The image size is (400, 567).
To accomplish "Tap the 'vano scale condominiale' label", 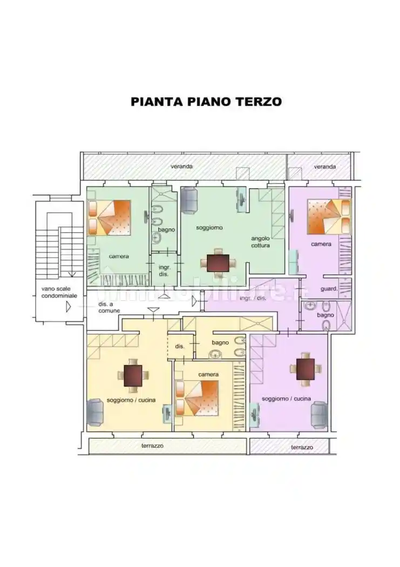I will click(x=59, y=292).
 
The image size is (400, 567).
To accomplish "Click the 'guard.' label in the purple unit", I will click(x=329, y=289).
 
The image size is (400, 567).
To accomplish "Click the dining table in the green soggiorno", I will click(x=218, y=262).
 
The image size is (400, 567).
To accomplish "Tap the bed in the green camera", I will click(x=110, y=218).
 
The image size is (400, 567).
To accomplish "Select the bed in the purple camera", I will click(x=328, y=217).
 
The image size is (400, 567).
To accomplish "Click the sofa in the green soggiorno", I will click(x=189, y=200).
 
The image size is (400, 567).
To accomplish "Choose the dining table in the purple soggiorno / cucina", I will click(x=305, y=369).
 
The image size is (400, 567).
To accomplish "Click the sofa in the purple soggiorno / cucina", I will click(x=318, y=414).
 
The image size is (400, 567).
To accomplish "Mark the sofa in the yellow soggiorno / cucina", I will click(x=96, y=412).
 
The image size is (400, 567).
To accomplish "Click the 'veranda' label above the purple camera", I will click(x=324, y=167).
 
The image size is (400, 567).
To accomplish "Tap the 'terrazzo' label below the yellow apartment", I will click(x=152, y=446).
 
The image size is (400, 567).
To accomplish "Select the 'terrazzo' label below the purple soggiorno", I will click(x=302, y=448).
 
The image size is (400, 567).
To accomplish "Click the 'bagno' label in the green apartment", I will click(x=166, y=230).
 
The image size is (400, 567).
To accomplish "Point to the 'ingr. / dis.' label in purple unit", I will click(x=253, y=298).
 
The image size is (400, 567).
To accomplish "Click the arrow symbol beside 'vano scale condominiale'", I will click(x=68, y=307).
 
